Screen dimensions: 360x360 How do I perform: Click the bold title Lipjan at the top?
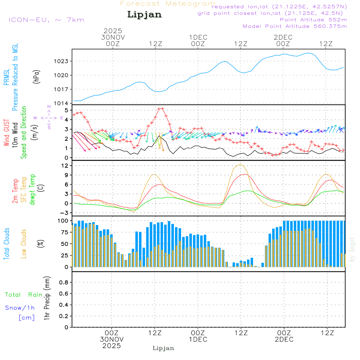(144, 15)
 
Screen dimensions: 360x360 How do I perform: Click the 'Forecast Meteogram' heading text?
(168, 4)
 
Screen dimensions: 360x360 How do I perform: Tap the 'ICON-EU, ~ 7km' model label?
(46, 19)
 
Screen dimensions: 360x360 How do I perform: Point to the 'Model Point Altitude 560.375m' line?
(294, 26)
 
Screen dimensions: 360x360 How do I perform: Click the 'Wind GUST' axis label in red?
(6, 134)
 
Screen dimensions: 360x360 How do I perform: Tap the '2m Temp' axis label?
(15, 191)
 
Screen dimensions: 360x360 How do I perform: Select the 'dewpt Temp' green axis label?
(32, 190)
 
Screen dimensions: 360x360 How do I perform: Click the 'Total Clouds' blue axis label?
(6, 244)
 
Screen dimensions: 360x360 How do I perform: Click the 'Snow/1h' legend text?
(20, 308)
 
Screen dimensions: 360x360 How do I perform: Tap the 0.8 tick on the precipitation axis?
(64, 282)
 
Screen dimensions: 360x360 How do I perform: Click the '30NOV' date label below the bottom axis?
(112, 339)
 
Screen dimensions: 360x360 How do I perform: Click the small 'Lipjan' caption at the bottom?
(163, 348)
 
